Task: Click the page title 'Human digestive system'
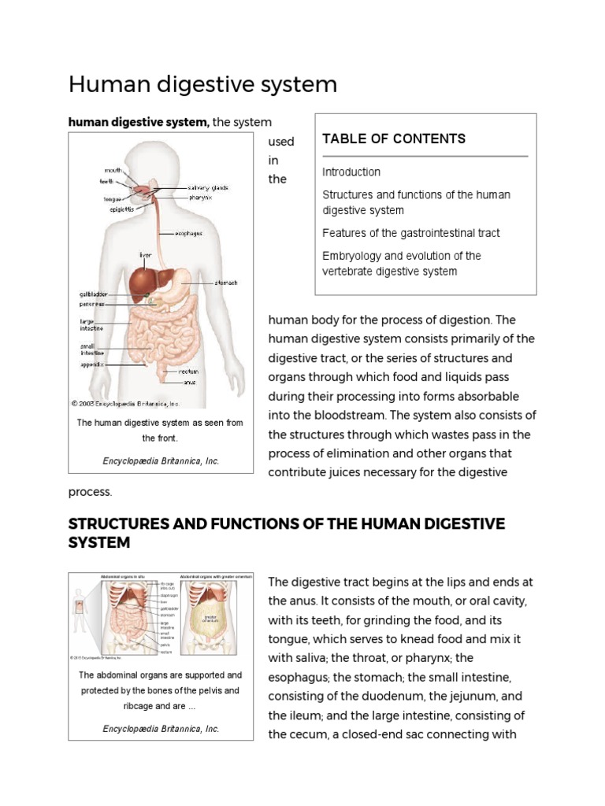click(203, 84)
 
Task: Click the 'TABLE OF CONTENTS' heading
click(394, 139)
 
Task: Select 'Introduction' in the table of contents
click(351, 172)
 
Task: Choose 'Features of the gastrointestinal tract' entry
click(411, 233)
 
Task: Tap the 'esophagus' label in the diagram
click(188, 233)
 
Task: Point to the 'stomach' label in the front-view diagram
click(226, 283)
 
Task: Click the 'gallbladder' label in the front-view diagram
click(92, 293)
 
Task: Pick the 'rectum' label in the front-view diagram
click(187, 371)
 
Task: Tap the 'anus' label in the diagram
click(189, 383)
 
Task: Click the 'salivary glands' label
click(208, 187)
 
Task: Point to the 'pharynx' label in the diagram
click(200, 197)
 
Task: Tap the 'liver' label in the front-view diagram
click(146, 254)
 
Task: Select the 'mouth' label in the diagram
click(113, 169)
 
